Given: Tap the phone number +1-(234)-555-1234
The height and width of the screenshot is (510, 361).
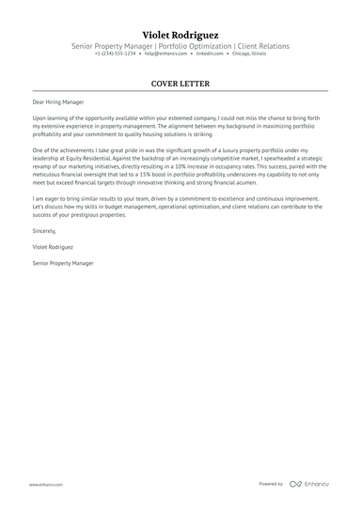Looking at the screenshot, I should pyautogui.click(x=115, y=54).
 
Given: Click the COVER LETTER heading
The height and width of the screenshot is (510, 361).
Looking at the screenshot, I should pyautogui.click(x=180, y=84).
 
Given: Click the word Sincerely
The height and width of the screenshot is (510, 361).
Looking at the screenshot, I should pyautogui.click(x=44, y=230).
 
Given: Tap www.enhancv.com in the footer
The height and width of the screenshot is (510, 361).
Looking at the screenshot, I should pyautogui.click(x=45, y=484).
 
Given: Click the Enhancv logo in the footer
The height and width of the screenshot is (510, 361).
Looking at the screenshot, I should pyautogui.click(x=315, y=484).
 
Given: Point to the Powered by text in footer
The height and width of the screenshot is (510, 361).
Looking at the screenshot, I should pyautogui.click(x=271, y=484).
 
